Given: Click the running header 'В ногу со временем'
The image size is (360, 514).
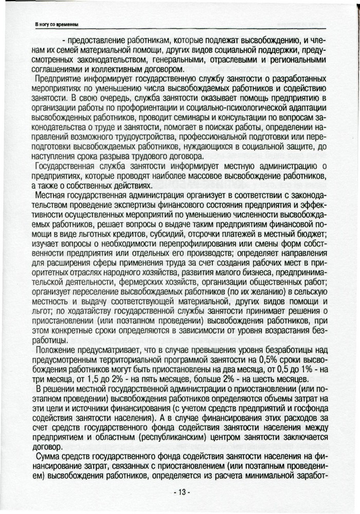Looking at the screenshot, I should [x=56, y=24].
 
